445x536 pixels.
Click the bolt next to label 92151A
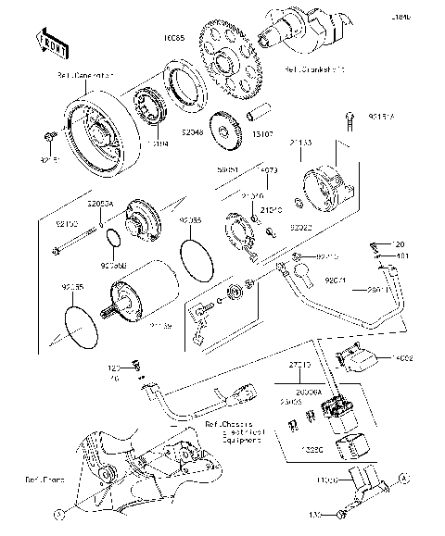pyautogui.click(x=350, y=118)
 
